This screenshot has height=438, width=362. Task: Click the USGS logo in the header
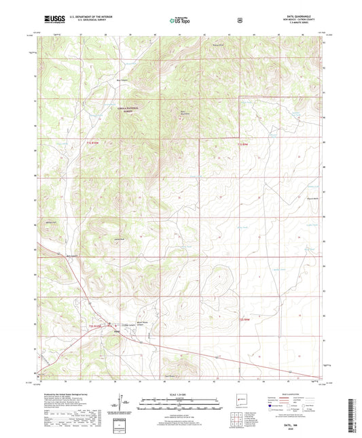click(54, 20)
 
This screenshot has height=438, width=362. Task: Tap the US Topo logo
click(180, 20)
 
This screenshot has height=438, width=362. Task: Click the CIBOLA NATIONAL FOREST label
click(125, 108)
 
